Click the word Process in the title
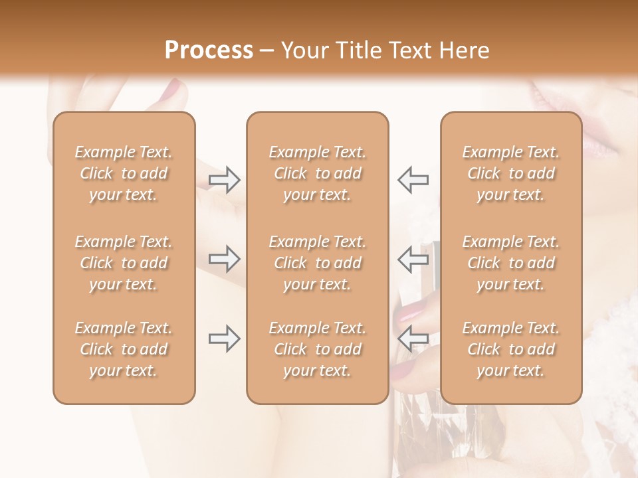point(209,50)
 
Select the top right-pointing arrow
point(224,179)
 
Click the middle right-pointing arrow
point(224,259)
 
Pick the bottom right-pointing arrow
point(224,339)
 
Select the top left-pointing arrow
point(413,179)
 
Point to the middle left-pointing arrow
point(413,259)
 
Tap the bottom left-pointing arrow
point(413,339)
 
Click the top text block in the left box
point(124,173)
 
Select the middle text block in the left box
point(124,263)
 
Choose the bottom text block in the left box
point(124,349)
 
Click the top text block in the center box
point(318,173)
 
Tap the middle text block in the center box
point(318,263)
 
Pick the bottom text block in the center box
point(318,349)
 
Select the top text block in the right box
point(511,173)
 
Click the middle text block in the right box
point(511,263)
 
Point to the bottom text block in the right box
point(511,349)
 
